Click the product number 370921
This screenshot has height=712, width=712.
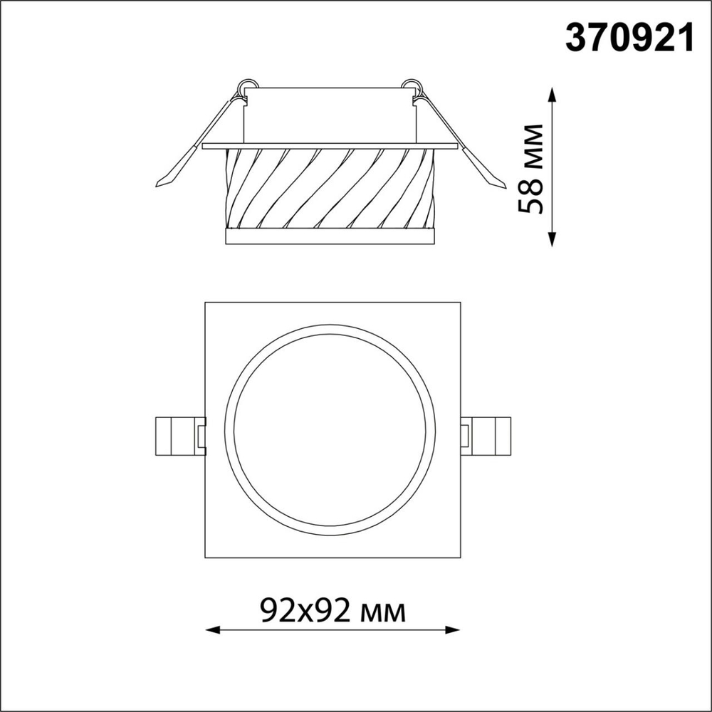pyautogui.click(x=629, y=38)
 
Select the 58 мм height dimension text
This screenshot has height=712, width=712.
pyautogui.click(x=532, y=169)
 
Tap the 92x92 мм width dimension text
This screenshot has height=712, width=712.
pyautogui.click(x=333, y=610)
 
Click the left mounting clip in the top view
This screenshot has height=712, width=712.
pyautogui.click(x=178, y=435)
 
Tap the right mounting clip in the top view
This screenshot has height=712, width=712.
pyautogui.click(x=486, y=435)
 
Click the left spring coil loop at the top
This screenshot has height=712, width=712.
pyautogui.click(x=246, y=85)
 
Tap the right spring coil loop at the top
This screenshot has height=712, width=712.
pyautogui.click(x=412, y=85)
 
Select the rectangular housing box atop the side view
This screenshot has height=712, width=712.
pyautogui.click(x=328, y=115)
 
